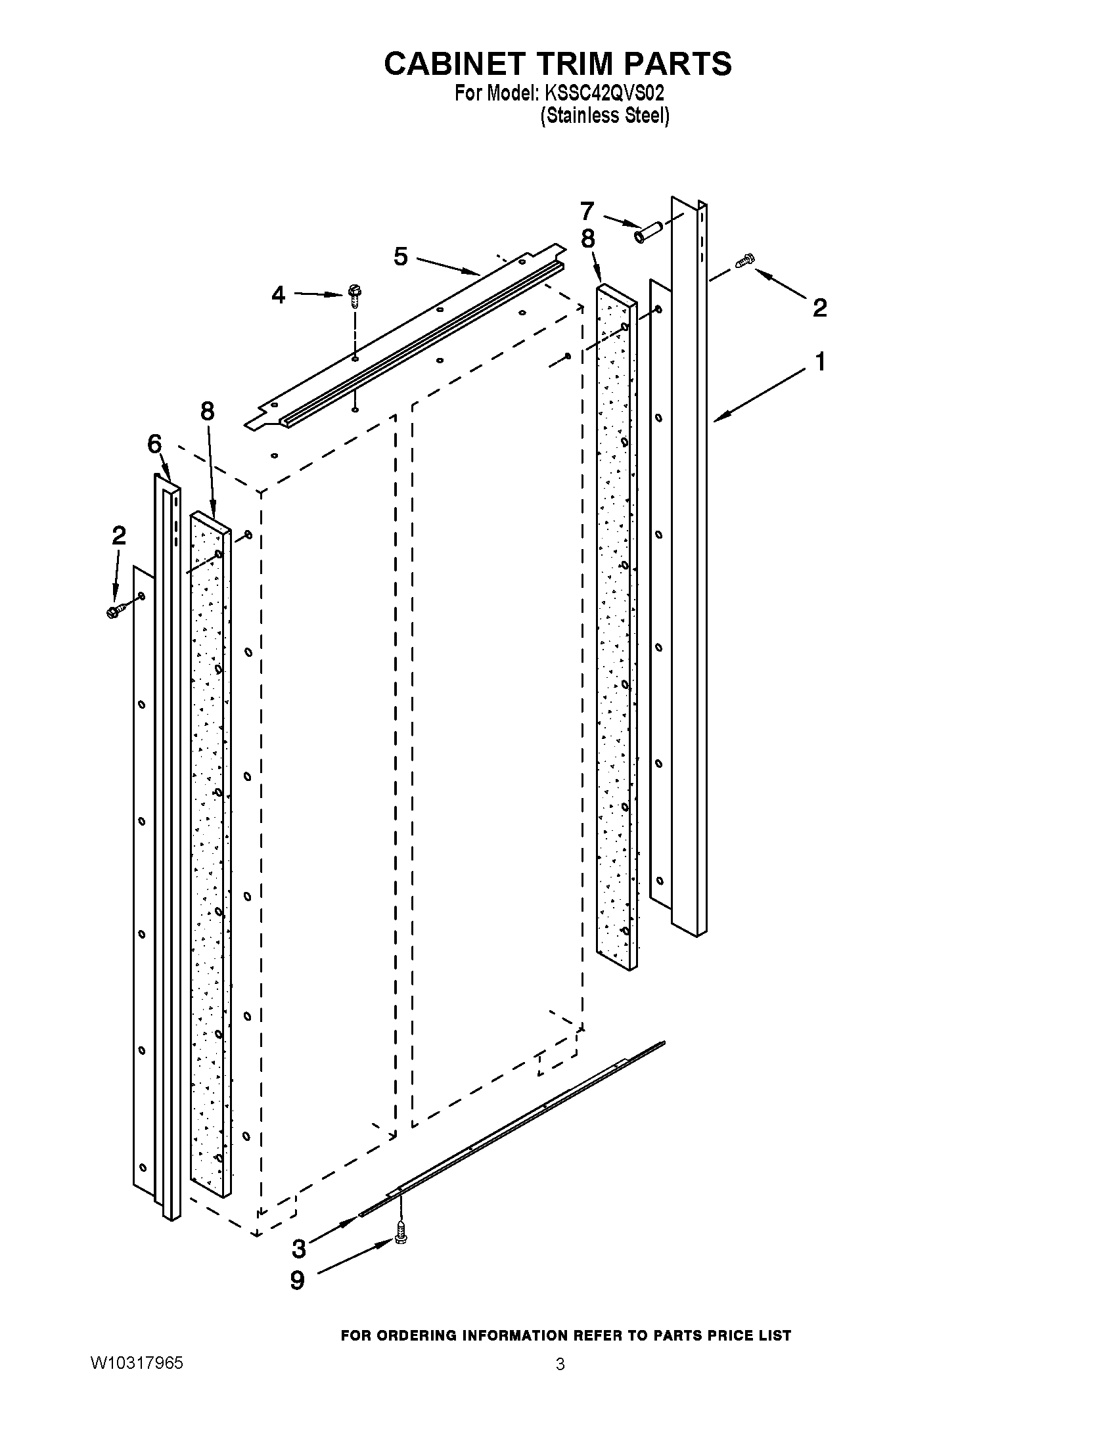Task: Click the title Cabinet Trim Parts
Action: pos(558,64)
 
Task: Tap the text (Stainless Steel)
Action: pos(604,116)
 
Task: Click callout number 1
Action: pos(820,362)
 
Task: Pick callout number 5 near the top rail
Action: pos(401,256)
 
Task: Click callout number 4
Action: pos(279,295)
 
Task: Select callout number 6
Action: pos(154,444)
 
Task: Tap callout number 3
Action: pos(299,1249)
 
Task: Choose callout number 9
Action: pos(298,1280)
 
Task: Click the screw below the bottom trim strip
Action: pos(399,1232)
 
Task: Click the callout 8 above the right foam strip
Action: pos(587,239)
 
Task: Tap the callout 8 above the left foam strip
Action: pos(207,412)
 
